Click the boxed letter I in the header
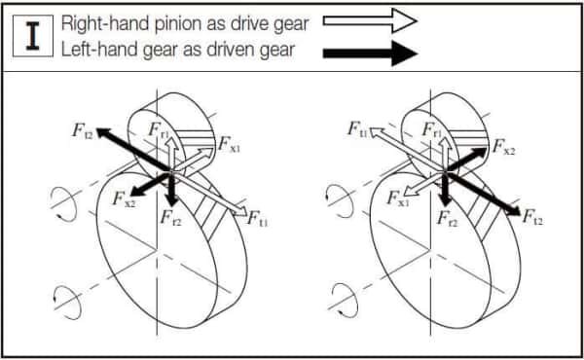(x=35, y=36)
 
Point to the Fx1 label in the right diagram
(x=398, y=198)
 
